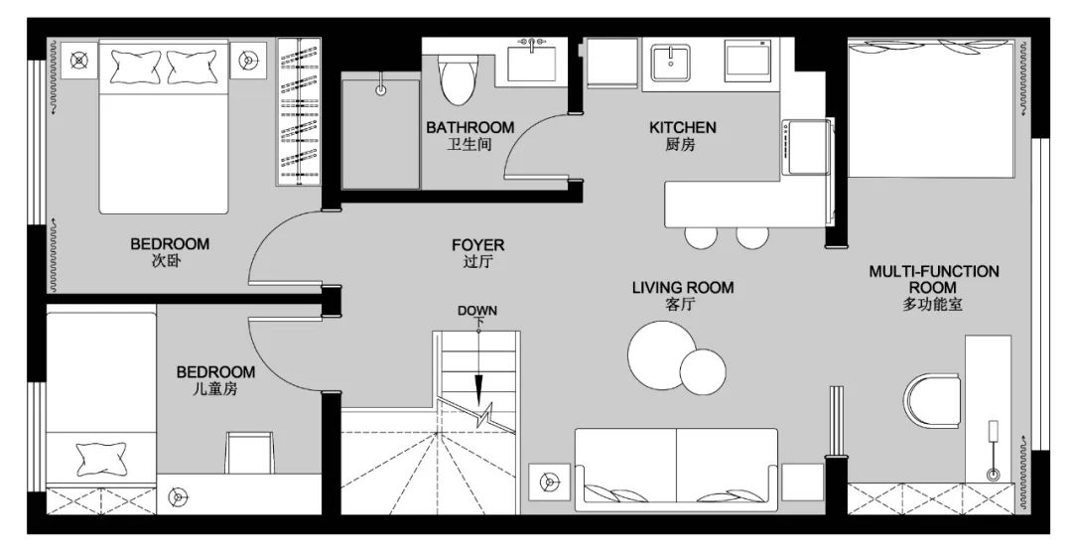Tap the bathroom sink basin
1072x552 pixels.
(533, 64)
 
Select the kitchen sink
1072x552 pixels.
(671, 63)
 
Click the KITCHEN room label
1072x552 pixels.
(682, 127)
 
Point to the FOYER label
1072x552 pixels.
(477, 245)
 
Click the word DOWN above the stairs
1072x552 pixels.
(477, 311)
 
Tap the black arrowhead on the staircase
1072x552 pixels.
(478, 390)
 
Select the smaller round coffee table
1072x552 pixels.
(703, 372)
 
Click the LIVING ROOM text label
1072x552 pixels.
(682, 287)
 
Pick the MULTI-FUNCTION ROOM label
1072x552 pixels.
(933, 279)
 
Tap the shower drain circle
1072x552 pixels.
(381, 89)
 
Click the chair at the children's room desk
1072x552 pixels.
(249, 452)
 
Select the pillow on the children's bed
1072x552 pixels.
(101, 459)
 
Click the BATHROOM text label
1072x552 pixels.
(469, 127)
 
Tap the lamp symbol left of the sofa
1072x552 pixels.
(549, 483)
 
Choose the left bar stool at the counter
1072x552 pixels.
(701, 237)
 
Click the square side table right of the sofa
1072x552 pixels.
(803, 482)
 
